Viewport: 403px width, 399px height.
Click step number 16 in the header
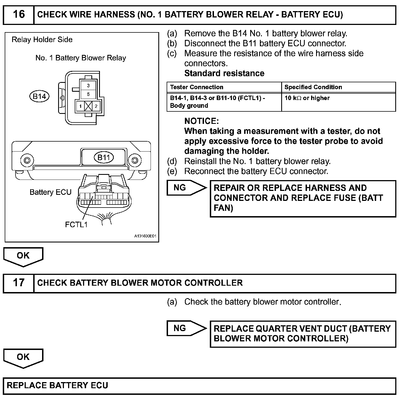click(x=19, y=14)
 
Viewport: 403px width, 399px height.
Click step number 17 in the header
click(x=19, y=283)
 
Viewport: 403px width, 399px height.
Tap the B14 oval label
click(x=39, y=96)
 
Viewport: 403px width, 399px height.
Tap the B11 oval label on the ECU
click(x=104, y=158)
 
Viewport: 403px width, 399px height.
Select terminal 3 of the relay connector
click(x=88, y=86)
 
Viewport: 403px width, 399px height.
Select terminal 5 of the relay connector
click(x=88, y=94)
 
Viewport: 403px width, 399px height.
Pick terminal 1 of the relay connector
click(x=80, y=106)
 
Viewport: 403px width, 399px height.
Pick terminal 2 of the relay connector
click(x=96, y=106)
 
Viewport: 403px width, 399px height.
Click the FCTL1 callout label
click(x=76, y=224)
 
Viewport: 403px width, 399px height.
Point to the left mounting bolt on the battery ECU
click(x=27, y=160)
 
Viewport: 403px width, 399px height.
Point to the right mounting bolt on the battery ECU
click(x=135, y=160)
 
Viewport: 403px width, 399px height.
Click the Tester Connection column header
click(x=197, y=87)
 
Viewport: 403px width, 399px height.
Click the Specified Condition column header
click(x=313, y=87)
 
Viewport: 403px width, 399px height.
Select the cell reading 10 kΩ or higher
click(x=307, y=98)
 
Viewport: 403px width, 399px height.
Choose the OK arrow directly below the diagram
click(x=23, y=256)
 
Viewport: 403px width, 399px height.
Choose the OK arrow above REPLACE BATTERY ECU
click(x=23, y=357)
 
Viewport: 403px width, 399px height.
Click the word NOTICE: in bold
click(x=201, y=121)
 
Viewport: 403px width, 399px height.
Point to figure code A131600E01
click(x=145, y=236)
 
